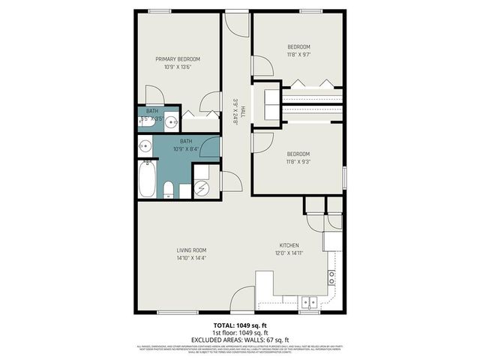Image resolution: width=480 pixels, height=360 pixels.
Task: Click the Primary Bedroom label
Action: tap(178, 58)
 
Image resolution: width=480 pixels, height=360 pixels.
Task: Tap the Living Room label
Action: tap(191, 250)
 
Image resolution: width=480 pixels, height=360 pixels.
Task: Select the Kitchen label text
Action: tap(289, 245)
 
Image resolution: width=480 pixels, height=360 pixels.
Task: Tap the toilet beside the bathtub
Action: tap(169, 189)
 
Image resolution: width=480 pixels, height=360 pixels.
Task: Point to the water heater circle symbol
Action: tap(201, 188)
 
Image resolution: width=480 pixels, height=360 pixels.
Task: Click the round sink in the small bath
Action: tap(171, 121)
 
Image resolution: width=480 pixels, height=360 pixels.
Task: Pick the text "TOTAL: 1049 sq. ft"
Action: tap(240, 325)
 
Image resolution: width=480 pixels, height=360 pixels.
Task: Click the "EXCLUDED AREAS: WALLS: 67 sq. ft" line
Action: tap(240, 340)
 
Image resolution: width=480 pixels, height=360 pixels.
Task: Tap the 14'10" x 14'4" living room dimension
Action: tap(191, 259)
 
